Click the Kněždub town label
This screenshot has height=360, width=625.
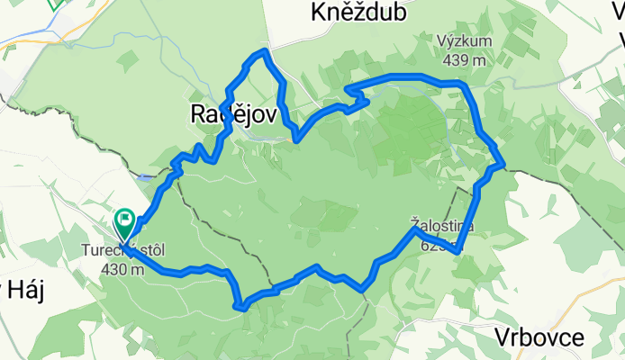click(x=358, y=13)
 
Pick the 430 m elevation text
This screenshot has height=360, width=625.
click(x=122, y=268)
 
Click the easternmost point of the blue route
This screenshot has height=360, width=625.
click(x=503, y=165)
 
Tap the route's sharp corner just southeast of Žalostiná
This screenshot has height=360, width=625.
click(x=459, y=251)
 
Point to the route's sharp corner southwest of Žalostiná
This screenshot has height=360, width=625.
click(x=362, y=290)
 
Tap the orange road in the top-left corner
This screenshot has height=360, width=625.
click(x=27, y=40)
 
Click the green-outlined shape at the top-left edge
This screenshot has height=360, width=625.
click(x=56, y=4)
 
